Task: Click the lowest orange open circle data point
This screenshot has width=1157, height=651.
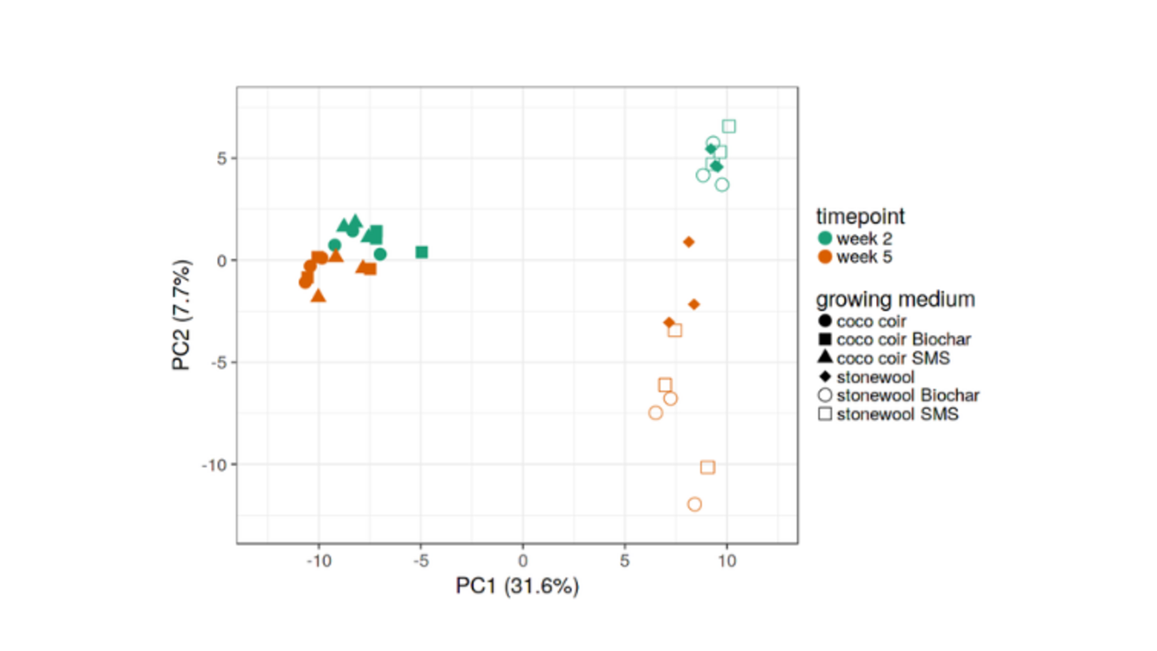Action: (694, 504)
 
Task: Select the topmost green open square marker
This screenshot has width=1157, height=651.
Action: (728, 126)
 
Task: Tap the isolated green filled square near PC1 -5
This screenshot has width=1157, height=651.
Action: (421, 252)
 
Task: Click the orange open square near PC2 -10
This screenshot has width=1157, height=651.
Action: (707, 467)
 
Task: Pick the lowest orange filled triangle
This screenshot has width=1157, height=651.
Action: (318, 295)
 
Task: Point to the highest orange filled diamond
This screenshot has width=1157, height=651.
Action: (689, 242)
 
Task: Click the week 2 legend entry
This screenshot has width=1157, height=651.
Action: (854, 238)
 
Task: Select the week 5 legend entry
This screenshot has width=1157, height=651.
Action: (854, 257)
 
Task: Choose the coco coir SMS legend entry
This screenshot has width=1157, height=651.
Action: (884, 358)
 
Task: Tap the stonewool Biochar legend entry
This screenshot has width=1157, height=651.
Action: (898, 395)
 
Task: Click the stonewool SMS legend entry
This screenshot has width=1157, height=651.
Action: (888, 414)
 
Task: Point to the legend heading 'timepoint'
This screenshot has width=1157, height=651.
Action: (860, 216)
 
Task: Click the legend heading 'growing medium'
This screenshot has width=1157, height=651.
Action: (895, 299)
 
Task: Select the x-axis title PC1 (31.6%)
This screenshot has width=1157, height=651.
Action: (517, 585)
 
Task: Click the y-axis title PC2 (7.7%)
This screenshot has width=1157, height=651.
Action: (181, 315)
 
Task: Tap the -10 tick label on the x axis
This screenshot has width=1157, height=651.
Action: (319, 561)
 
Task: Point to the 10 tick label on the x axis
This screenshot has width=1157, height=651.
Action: (727, 561)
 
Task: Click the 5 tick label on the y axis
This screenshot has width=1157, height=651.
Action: (222, 159)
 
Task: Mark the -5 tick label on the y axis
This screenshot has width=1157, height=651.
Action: (218, 362)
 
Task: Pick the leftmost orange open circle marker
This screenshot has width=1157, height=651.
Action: (655, 412)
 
